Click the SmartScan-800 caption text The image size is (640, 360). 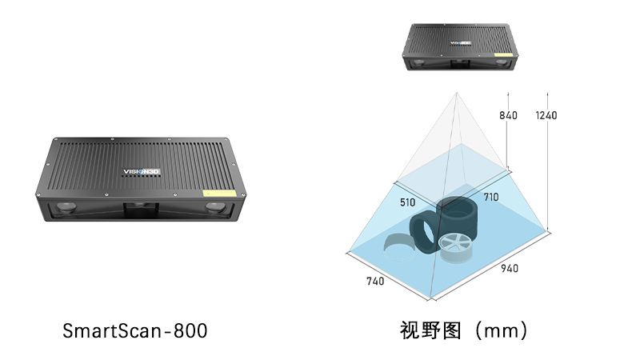click(x=134, y=330)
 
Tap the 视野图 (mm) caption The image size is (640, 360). click(x=464, y=330)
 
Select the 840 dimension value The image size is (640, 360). click(x=508, y=115)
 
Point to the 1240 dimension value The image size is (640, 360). click(x=546, y=115)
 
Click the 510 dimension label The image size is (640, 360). click(x=407, y=202)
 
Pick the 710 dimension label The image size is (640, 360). click(x=491, y=197)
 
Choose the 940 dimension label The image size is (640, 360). click(x=510, y=268)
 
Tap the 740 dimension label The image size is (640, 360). click(x=375, y=281)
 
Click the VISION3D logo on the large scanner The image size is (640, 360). click(x=142, y=172)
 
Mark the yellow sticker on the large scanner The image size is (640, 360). click(x=219, y=193)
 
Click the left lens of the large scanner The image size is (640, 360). click(x=66, y=208)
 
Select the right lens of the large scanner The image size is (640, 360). click(x=216, y=207)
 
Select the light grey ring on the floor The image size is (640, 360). click(x=399, y=248)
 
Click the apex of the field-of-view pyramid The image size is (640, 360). click(x=457, y=93)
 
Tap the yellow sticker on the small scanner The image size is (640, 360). click(x=503, y=54)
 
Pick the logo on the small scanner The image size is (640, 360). click(x=461, y=42)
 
